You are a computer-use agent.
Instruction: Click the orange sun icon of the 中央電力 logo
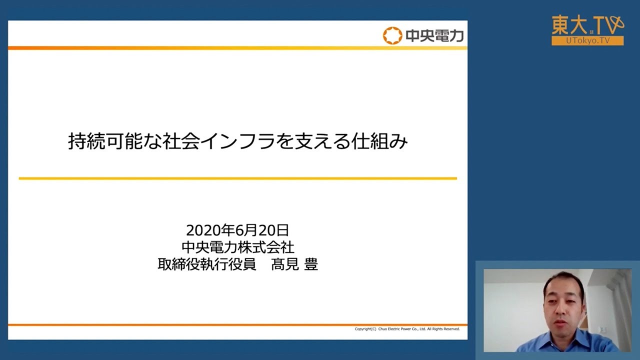392,35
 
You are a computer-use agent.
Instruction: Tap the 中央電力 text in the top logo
434,36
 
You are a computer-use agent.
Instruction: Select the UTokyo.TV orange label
587,41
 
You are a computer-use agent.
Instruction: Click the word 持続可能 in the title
99,142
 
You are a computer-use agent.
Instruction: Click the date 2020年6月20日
237,230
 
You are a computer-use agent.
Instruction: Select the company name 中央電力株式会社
237,247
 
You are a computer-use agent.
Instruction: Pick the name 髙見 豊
294,264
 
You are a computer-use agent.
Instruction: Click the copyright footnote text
407,329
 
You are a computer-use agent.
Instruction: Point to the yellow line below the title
237,178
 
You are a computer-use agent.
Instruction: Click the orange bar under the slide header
237,48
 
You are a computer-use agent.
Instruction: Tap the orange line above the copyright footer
237,324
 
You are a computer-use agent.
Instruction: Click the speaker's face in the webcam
563,302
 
